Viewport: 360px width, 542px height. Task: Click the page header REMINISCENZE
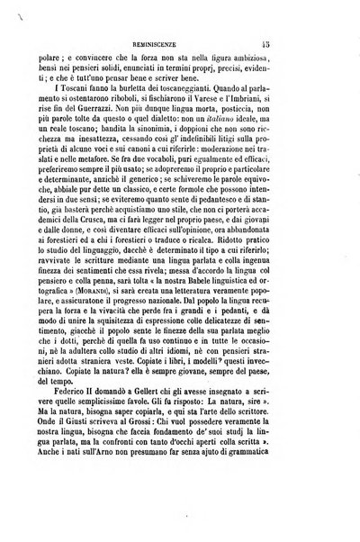click(x=186, y=41)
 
